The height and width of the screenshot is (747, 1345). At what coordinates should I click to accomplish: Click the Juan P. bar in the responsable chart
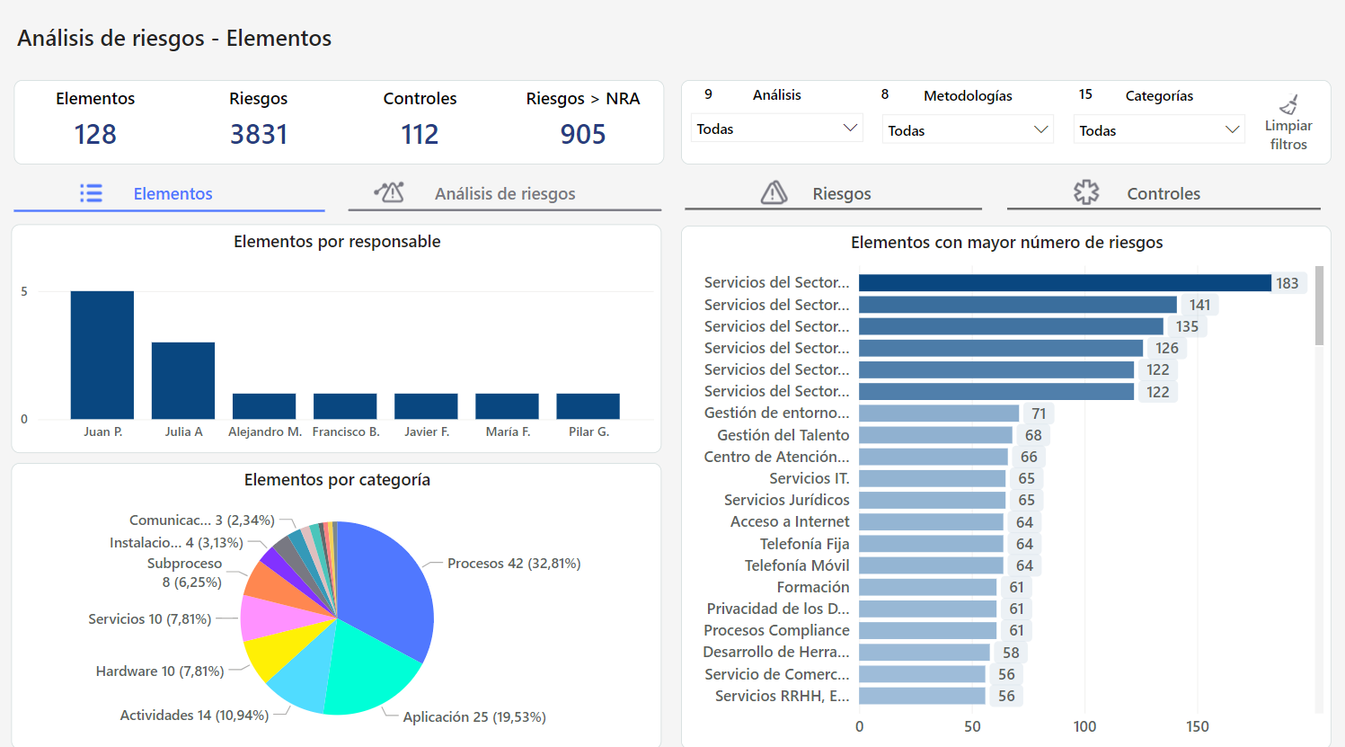click(102, 354)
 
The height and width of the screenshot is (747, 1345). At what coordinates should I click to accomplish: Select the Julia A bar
click(183, 380)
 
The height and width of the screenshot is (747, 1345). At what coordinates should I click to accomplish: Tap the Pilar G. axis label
click(588, 432)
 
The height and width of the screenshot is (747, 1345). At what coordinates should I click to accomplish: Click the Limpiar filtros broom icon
click(1288, 105)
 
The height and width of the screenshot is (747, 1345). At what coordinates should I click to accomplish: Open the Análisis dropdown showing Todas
click(776, 129)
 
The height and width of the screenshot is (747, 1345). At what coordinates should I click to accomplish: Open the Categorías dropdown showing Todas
click(1158, 130)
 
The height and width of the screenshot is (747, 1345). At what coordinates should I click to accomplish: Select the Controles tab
click(1163, 193)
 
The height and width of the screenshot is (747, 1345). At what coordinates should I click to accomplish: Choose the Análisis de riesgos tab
click(504, 193)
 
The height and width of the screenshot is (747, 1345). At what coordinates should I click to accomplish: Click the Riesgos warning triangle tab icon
click(774, 192)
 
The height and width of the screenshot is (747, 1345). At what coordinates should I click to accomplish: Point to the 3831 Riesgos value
click(259, 135)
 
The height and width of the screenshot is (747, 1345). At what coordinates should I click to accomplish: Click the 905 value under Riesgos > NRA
click(583, 135)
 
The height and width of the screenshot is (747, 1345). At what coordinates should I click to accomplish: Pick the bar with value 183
click(1065, 283)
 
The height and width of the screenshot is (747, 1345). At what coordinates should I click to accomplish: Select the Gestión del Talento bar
click(935, 435)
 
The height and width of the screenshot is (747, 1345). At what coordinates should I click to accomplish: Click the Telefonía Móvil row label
click(796, 565)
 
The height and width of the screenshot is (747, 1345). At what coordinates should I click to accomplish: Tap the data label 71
click(1039, 414)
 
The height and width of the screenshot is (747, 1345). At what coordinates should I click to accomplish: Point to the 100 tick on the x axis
click(1084, 726)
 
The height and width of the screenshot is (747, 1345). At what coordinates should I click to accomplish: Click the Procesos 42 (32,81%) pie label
click(514, 564)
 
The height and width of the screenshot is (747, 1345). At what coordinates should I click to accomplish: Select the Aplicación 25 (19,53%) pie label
click(474, 716)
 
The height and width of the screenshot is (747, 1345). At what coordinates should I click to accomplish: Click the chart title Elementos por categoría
click(337, 480)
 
